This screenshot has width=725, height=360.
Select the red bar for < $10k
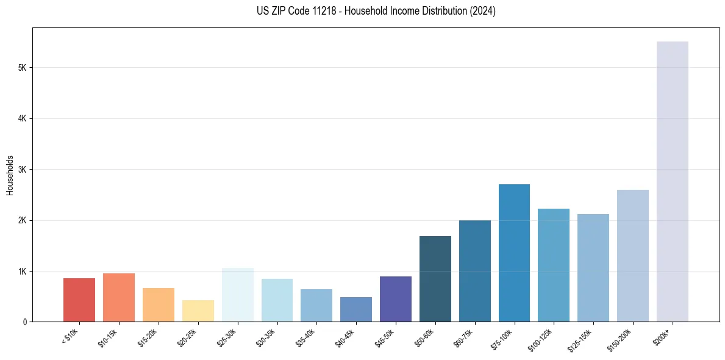point(79,300)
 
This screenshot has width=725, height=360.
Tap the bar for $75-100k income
point(514,253)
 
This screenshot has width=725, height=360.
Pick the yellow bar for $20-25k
point(198,311)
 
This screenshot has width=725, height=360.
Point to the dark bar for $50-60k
point(435,279)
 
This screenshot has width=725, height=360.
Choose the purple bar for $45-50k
point(396,299)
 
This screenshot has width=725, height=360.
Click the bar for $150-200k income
point(632,256)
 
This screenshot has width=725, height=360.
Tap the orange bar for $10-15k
point(119,297)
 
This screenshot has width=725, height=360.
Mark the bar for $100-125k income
point(554,265)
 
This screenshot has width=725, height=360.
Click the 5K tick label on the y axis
point(22,68)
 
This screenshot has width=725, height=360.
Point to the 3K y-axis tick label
point(22,170)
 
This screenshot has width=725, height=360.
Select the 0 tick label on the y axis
point(24,322)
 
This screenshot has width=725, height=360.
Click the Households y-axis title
point(10,175)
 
